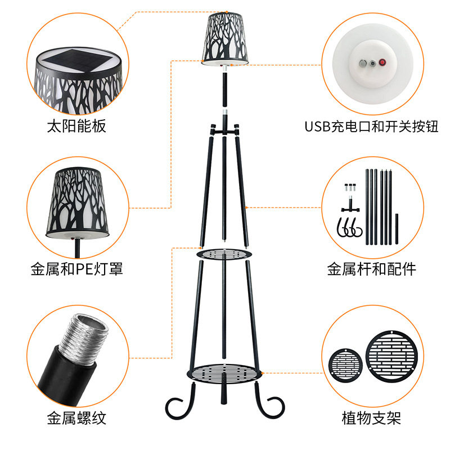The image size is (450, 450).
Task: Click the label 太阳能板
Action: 76,126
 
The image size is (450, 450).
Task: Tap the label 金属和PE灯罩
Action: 77,269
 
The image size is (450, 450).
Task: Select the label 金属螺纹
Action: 76,418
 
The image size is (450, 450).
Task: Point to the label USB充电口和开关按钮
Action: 371,126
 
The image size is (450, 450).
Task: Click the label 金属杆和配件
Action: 372,269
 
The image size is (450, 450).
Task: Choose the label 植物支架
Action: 371,418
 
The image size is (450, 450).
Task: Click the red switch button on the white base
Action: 382,62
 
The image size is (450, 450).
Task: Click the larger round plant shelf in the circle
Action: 392,356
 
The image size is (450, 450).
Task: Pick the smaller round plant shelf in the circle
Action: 345,365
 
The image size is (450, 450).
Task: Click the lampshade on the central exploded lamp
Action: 225,39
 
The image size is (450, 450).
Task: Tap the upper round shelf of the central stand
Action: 224,254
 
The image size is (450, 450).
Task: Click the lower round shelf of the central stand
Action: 224,373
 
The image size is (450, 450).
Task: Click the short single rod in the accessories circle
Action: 397,229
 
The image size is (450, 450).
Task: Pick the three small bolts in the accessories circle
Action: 350,187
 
